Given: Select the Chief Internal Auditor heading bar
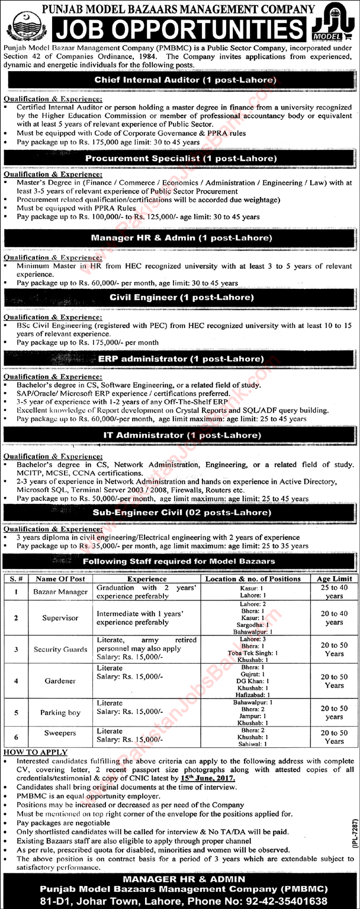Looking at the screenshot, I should point(181,79).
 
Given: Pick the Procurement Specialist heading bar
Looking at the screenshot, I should point(181,158).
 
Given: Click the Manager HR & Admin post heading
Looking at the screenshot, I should point(181,237).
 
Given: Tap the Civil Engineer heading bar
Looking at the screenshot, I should point(181,297).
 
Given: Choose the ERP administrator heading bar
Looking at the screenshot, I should point(181,358).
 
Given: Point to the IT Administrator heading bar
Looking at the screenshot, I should point(181,419).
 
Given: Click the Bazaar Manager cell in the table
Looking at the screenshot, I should point(60,592).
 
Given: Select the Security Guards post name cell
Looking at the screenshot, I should point(60,649).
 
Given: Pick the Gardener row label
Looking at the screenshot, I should point(60,681).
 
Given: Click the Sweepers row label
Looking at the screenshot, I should point(60,733).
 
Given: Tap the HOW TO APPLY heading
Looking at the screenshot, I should point(36,752).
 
